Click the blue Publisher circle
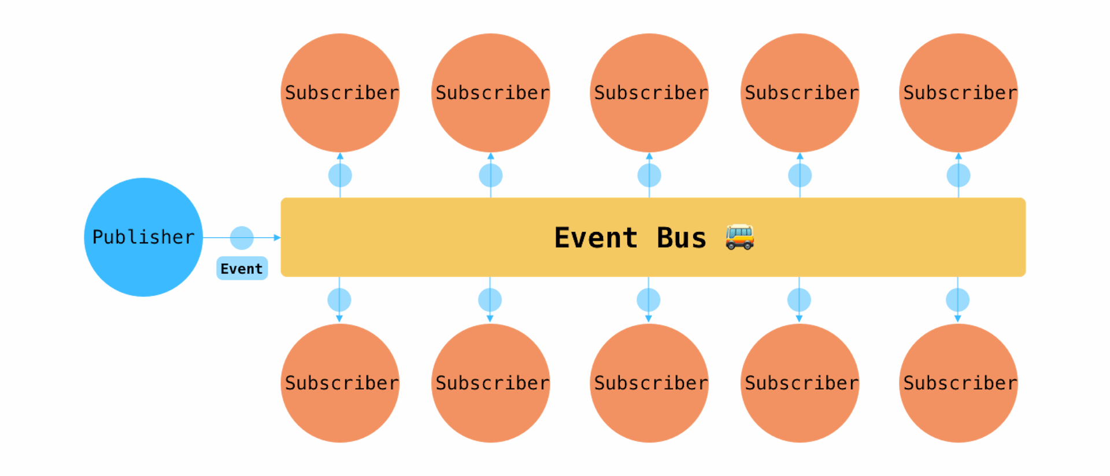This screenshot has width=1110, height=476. point(143,237)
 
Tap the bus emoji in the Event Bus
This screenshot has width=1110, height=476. point(739,237)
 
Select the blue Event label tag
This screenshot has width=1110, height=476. point(242,268)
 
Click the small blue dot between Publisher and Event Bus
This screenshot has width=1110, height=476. point(242,238)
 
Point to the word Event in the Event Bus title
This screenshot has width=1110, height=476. point(595,238)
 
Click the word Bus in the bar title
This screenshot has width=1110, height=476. point(681,238)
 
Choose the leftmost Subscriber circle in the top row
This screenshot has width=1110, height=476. point(340,93)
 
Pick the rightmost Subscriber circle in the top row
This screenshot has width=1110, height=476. point(959,93)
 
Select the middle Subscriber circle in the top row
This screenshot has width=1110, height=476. point(649,93)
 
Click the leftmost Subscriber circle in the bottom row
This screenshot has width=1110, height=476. point(340,383)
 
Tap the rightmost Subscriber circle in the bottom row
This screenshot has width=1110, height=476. point(959,383)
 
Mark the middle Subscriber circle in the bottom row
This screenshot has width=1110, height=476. point(649,383)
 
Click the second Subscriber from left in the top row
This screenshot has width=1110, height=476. point(491,93)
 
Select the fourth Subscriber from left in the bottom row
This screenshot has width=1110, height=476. point(800,383)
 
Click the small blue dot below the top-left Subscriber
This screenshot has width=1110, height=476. point(340,175)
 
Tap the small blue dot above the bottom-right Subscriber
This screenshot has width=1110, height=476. point(958,300)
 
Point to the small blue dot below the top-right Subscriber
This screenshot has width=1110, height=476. point(959,175)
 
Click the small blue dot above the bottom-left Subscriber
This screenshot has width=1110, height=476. point(339,300)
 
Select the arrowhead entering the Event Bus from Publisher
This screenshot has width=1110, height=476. point(276,238)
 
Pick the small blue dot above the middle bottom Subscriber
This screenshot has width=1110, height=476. point(649,300)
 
